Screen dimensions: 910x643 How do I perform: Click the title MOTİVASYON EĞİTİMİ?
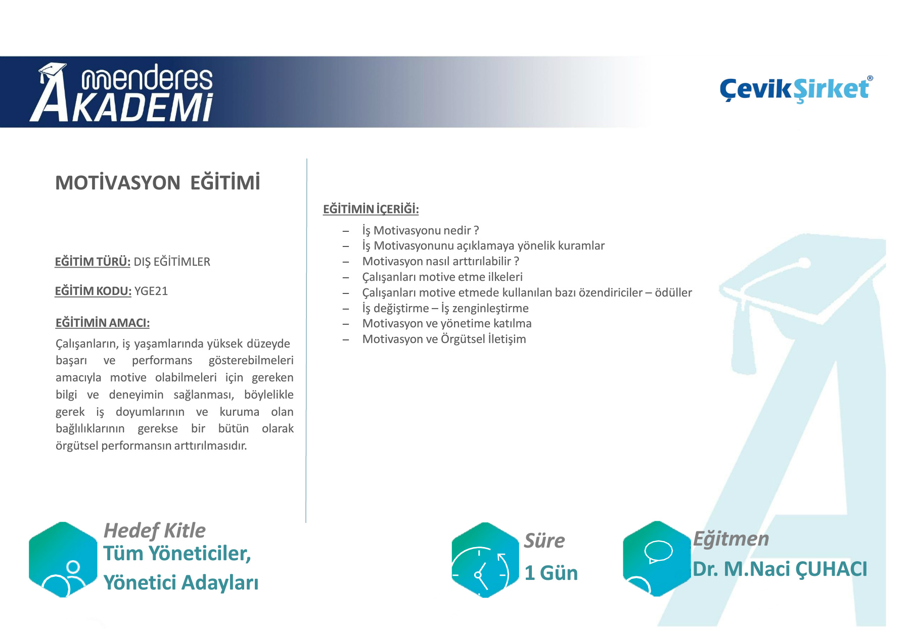[158, 182]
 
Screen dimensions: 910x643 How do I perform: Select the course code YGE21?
[151, 291]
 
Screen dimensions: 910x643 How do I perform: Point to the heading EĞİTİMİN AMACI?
[103, 323]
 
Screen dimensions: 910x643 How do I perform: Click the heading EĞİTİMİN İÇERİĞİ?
[371, 209]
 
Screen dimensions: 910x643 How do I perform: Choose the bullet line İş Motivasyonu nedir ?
[421, 230]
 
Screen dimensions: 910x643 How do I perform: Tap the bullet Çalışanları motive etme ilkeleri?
[442, 277]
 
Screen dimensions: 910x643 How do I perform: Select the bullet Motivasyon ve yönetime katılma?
[447, 323]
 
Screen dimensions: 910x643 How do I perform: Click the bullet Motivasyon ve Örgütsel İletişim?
[444, 339]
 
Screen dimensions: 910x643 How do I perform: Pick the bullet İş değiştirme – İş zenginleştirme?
[445, 308]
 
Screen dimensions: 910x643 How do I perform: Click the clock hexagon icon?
[485, 560]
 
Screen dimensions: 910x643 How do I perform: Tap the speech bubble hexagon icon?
[657, 559]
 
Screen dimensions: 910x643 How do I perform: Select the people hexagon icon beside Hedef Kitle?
[63, 560]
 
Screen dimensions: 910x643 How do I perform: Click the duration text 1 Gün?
[551, 573]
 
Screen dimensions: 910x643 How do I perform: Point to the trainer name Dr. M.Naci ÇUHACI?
[780, 569]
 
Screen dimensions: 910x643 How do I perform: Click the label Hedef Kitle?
[155, 530]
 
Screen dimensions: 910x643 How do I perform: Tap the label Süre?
[544, 540]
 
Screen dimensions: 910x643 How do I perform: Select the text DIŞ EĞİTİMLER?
[172, 262]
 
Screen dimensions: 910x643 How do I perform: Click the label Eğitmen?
[731, 539]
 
